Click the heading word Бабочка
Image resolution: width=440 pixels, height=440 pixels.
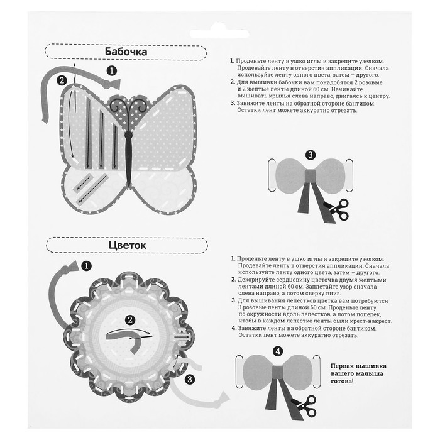click(126, 52)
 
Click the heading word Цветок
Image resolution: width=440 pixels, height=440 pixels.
click(128, 245)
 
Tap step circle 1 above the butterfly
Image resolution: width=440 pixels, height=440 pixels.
click(112, 70)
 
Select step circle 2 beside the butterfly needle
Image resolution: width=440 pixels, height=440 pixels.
click(62, 80)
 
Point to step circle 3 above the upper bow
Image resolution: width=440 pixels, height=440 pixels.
click(310, 155)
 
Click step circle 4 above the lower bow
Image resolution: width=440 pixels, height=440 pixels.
click(278, 351)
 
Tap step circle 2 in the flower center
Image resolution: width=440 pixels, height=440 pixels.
click(129, 320)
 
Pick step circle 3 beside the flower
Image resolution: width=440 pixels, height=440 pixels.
click(190, 380)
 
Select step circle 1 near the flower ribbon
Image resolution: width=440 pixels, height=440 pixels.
click(86, 266)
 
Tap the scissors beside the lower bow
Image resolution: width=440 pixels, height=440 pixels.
click(305, 406)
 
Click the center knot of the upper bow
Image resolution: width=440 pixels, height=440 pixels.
click(311, 175)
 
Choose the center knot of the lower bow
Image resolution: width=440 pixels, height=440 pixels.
click(278, 371)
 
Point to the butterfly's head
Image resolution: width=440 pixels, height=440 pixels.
click(128, 135)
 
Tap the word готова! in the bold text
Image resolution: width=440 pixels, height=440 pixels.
click(343, 382)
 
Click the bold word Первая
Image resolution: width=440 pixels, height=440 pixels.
click(342, 366)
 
